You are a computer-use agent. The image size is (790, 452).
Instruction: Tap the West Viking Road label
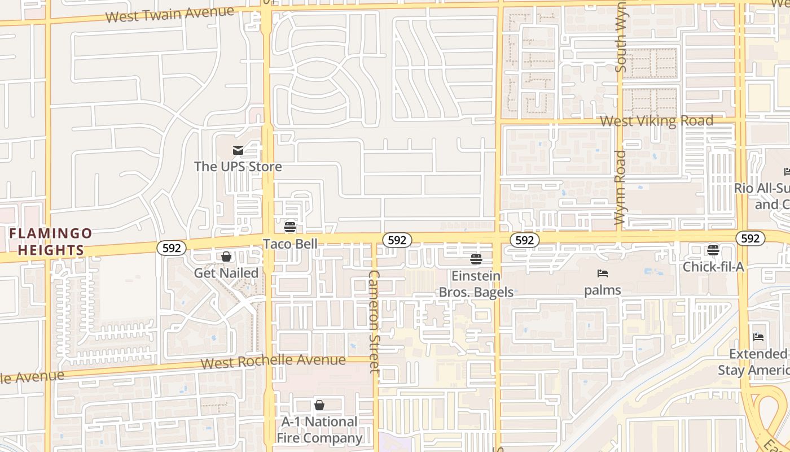click(656, 121)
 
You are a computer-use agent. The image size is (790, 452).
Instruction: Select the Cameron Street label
click(375, 321)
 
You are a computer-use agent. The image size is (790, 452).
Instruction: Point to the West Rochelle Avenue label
click(273, 361)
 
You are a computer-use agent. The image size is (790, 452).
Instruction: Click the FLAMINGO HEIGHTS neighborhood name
click(50, 241)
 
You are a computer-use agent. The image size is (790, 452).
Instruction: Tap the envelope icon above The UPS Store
click(238, 150)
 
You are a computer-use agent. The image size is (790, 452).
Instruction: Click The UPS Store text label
click(238, 166)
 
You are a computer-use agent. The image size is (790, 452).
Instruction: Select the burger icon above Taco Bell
click(290, 227)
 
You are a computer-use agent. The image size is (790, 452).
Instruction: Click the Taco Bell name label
click(291, 244)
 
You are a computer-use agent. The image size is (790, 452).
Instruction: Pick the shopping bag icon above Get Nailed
click(226, 257)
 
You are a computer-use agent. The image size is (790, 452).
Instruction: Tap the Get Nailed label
click(226, 273)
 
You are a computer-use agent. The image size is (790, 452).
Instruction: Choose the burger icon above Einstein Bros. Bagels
click(476, 259)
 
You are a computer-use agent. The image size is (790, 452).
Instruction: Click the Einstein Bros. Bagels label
click(476, 284)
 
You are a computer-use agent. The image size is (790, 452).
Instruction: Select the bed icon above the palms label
click(603, 274)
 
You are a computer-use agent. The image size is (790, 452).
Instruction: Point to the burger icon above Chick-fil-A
click(713, 250)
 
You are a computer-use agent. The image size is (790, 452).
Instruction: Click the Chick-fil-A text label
click(713, 267)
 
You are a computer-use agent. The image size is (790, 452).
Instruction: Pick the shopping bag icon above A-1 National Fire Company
click(319, 405)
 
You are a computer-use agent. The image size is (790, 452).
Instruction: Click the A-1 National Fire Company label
click(319, 430)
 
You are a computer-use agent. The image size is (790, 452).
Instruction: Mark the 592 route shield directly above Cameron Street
click(397, 240)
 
